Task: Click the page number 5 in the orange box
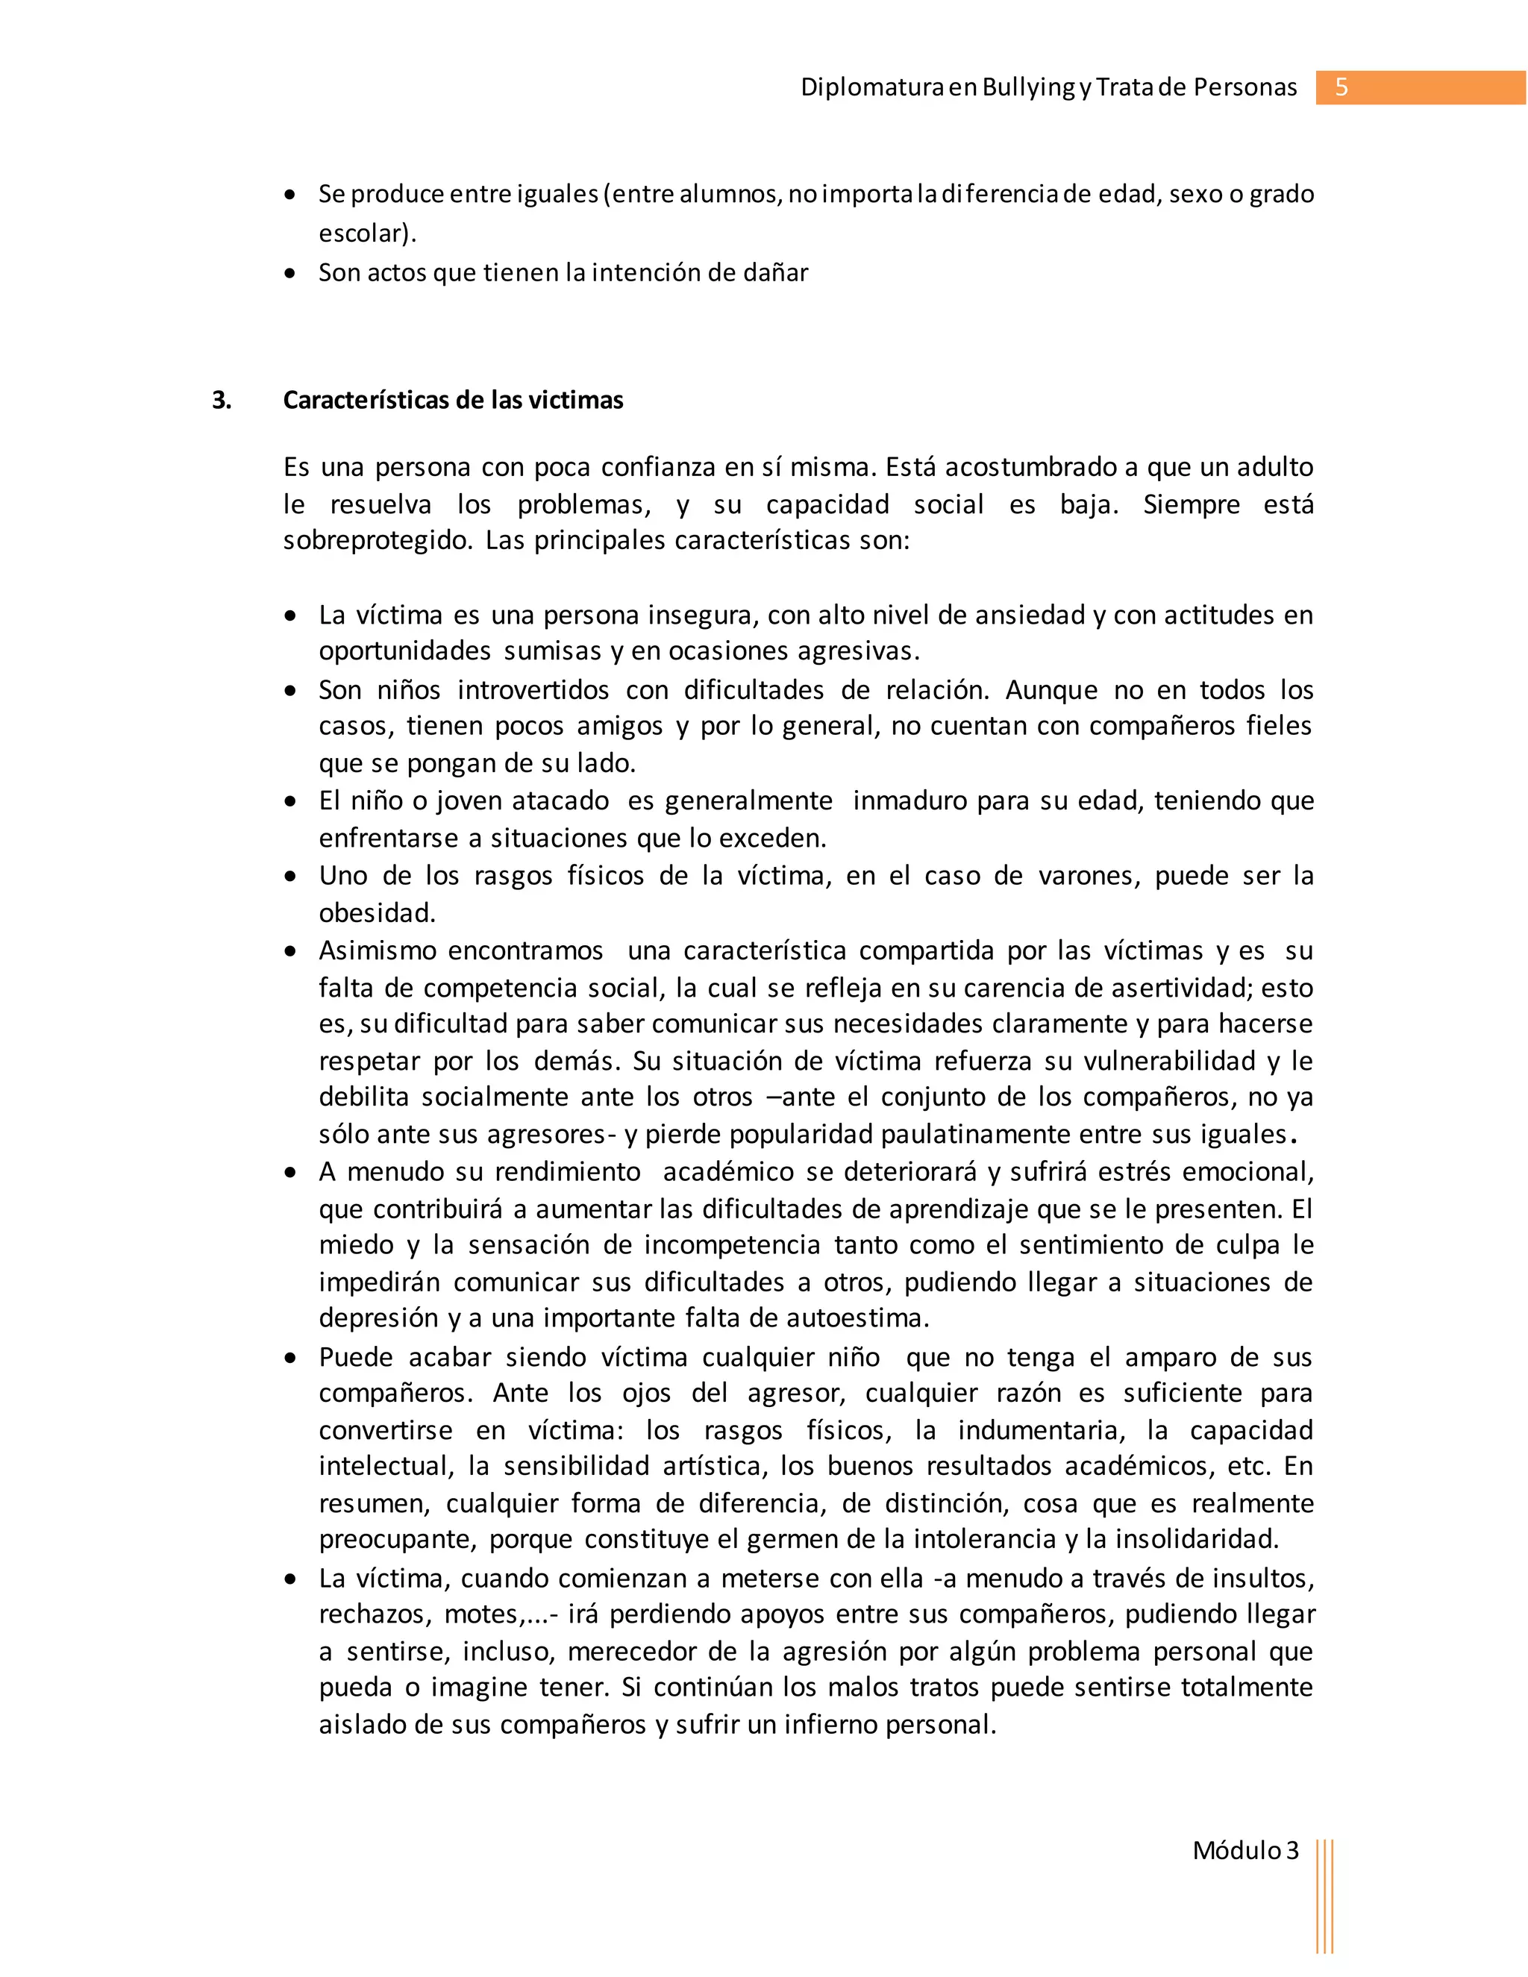1341,88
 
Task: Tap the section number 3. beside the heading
222,400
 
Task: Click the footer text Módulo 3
1244,1850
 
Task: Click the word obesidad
377,912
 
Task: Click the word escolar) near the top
366,234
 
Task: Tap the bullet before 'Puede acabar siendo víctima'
289,1359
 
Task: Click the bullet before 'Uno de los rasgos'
289,877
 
